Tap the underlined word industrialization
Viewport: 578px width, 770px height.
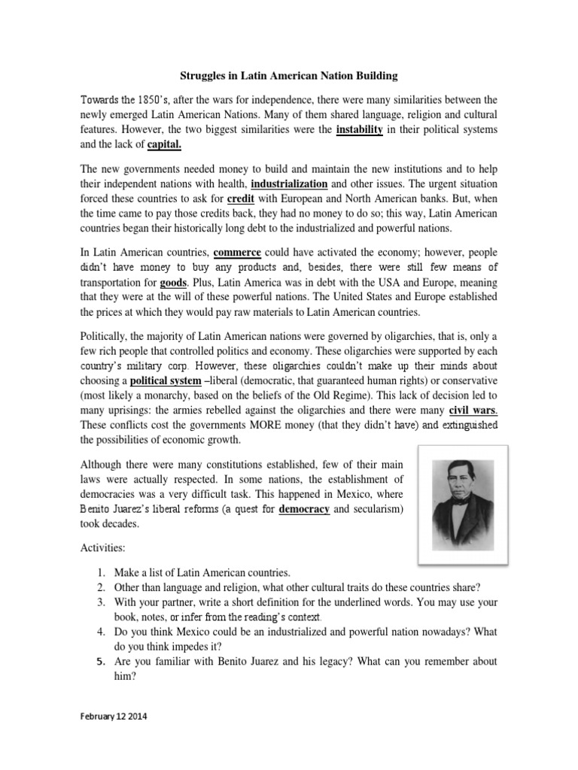(x=289, y=184)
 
